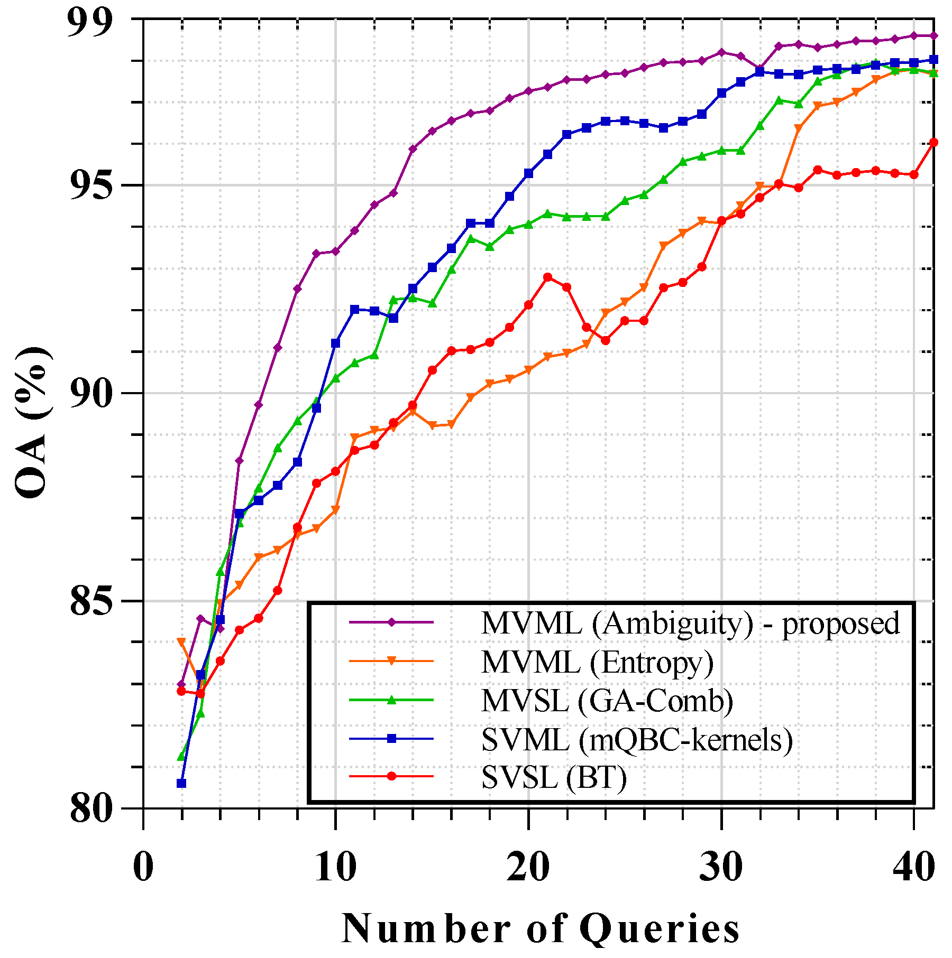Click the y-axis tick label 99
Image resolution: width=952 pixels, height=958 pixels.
(x=90, y=22)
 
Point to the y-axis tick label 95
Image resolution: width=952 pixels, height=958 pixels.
(x=91, y=185)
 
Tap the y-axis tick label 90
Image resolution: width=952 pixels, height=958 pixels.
(x=91, y=394)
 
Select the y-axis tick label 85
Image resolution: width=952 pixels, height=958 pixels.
(x=91, y=601)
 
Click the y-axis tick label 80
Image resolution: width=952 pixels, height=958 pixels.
(x=91, y=808)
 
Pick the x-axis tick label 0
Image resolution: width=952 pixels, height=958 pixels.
(x=143, y=868)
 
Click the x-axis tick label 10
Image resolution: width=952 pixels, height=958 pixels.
(x=335, y=868)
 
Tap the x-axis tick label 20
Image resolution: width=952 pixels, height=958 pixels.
(x=528, y=868)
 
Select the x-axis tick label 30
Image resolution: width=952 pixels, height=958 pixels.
(x=720, y=868)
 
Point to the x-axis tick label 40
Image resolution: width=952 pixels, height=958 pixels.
(x=913, y=868)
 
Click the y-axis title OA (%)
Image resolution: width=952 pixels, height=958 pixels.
(x=33, y=423)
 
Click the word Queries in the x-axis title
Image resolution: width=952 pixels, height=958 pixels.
(x=660, y=929)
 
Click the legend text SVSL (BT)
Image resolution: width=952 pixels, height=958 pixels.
(x=554, y=777)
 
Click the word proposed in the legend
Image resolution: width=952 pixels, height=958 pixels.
(x=840, y=624)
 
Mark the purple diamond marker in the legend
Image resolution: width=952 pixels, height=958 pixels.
(x=391, y=622)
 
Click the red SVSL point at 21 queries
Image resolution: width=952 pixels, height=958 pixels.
(x=548, y=277)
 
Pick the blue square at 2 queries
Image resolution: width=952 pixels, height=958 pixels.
(x=181, y=783)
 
